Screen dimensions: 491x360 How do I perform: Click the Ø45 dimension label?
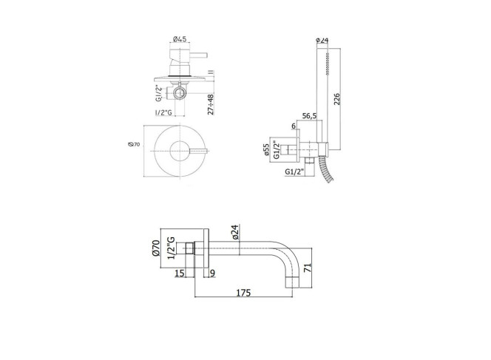tap(180, 39)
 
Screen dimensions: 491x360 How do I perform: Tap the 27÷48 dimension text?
tap(211, 104)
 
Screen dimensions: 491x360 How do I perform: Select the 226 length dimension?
tap(336, 99)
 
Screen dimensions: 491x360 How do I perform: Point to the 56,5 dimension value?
tap(309, 116)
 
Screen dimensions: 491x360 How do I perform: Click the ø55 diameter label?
tap(266, 149)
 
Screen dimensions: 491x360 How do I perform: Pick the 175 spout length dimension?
tap(243, 293)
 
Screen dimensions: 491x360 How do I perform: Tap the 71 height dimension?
tap(307, 268)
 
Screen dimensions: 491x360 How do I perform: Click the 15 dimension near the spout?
tap(180, 274)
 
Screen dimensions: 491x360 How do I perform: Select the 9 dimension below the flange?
tap(213, 274)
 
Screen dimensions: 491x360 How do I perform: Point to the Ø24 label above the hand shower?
tap(322, 40)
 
